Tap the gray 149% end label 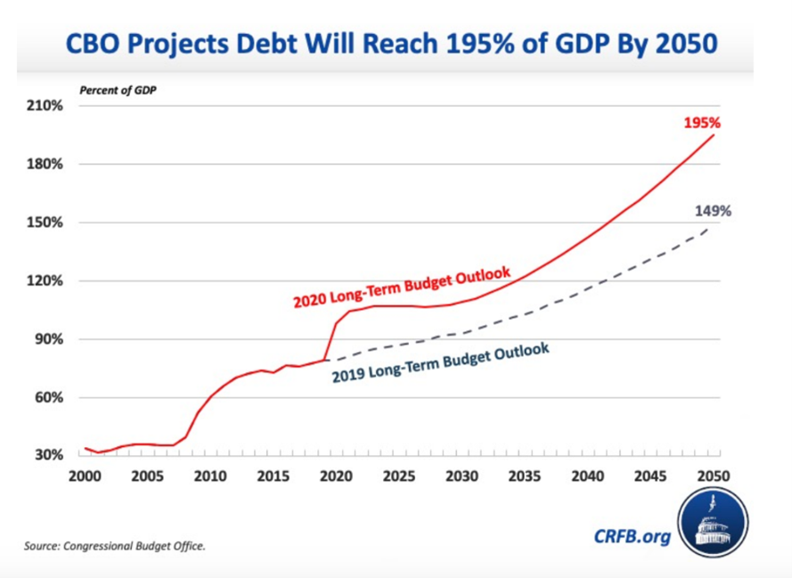pos(713,211)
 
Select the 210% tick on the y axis pos(45,106)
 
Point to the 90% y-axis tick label pos(47,339)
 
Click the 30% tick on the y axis pos(47,455)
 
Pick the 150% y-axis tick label pos(45,223)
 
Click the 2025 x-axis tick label pos(398,476)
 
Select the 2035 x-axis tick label pos(524,476)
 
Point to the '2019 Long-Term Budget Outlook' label pos(440,363)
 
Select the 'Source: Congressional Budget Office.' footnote pos(115,546)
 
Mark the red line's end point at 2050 pos(713,134)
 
